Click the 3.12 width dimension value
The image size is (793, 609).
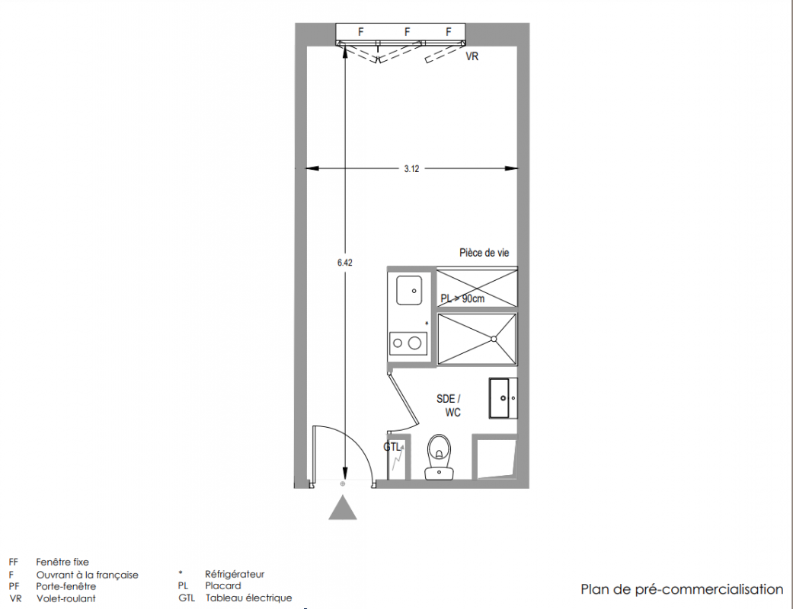[411, 169]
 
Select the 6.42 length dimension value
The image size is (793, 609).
[345, 263]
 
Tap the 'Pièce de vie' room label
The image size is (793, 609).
[484, 253]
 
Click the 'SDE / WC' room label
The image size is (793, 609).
[449, 405]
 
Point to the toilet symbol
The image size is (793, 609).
[439, 457]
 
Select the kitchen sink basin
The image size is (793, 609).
[409, 290]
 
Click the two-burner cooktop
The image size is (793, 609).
[408, 343]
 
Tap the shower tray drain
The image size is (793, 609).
[494, 339]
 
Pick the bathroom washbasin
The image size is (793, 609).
[503, 398]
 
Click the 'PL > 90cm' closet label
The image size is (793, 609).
[462, 298]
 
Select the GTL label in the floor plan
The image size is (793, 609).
[392, 448]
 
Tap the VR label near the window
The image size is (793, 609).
[472, 56]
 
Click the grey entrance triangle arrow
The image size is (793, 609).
[343, 508]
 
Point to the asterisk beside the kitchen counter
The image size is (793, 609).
[427, 324]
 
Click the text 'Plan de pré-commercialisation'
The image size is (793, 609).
[682, 590]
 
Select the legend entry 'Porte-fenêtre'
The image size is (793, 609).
[66, 586]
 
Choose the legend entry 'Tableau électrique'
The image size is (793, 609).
[249, 598]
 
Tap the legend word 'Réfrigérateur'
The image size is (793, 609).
[235, 574]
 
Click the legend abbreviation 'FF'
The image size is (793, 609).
[13, 562]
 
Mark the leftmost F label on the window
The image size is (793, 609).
[360, 32]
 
